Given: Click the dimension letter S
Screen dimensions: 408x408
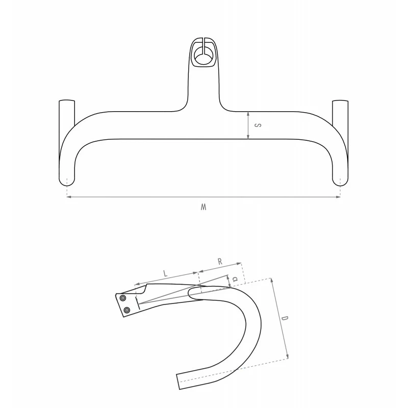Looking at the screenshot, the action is tap(258, 125).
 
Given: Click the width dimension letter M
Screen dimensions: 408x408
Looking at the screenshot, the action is tap(203, 207).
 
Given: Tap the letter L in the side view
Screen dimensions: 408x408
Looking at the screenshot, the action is tap(165, 273).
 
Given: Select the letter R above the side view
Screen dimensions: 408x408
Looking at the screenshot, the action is tap(220, 262).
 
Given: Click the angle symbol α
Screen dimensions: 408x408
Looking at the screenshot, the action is tap(235, 279).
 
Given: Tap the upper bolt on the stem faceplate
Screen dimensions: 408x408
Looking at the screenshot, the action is tap(123, 298).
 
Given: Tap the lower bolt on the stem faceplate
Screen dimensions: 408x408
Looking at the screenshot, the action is tap(126, 310).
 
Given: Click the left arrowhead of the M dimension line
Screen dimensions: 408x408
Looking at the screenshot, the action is tap(69, 197).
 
